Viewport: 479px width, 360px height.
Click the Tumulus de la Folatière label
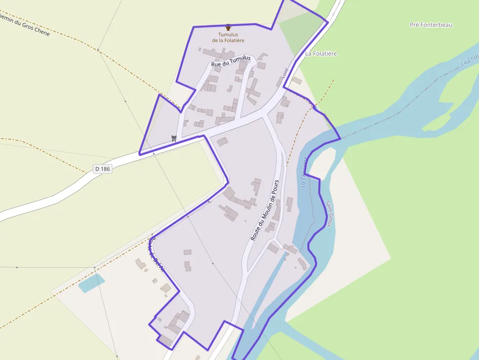(228, 37)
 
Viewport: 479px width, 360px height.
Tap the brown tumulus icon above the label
(228, 27)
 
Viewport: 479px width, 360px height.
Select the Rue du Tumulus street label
(231, 61)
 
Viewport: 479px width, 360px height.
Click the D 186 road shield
(103, 169)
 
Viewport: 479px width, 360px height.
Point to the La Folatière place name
(321, 53)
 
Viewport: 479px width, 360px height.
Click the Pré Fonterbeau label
(431, 24)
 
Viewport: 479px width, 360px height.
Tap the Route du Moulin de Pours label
(264, 210)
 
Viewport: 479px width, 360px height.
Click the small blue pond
(91, 283)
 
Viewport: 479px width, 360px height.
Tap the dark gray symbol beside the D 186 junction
(174, 138)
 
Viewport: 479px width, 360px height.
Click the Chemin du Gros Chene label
(24, 24)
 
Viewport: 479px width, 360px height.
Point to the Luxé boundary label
(286, 73)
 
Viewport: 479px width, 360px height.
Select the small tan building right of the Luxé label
(297, 80)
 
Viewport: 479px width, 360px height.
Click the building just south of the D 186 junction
(222, 142)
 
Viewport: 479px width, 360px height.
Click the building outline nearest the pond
(141, 264)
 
